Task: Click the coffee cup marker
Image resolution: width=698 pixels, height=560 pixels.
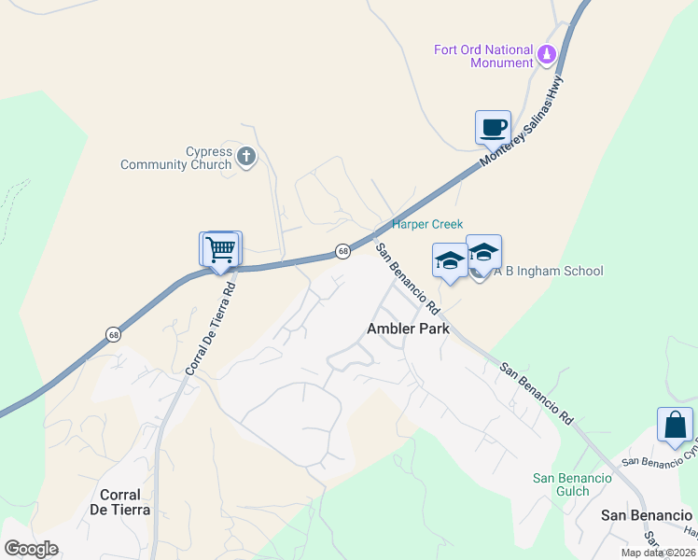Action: pos(493,127)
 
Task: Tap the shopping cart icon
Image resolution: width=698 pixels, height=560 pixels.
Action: pos(221,249)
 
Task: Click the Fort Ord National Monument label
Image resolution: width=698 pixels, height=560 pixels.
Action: pos(483,56)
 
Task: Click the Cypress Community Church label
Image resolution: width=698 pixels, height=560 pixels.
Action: pos(175,159)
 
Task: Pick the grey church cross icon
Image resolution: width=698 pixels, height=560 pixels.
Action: pos(246,156)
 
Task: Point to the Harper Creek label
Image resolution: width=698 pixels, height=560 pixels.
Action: pos(427,225)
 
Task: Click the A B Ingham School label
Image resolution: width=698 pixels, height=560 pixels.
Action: pos(548,272)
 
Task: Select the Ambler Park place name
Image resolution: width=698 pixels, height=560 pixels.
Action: pos(408,329)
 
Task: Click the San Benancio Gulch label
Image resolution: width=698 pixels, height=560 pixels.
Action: pos(573,484)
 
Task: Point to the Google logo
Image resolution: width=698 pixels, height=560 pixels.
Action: pos(31,549)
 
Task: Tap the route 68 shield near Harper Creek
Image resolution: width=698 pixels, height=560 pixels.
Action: pos(343,252)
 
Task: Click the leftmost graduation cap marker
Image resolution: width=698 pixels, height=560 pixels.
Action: pos(450,260)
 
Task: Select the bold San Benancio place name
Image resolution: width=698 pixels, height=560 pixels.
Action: pos(647,515)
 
